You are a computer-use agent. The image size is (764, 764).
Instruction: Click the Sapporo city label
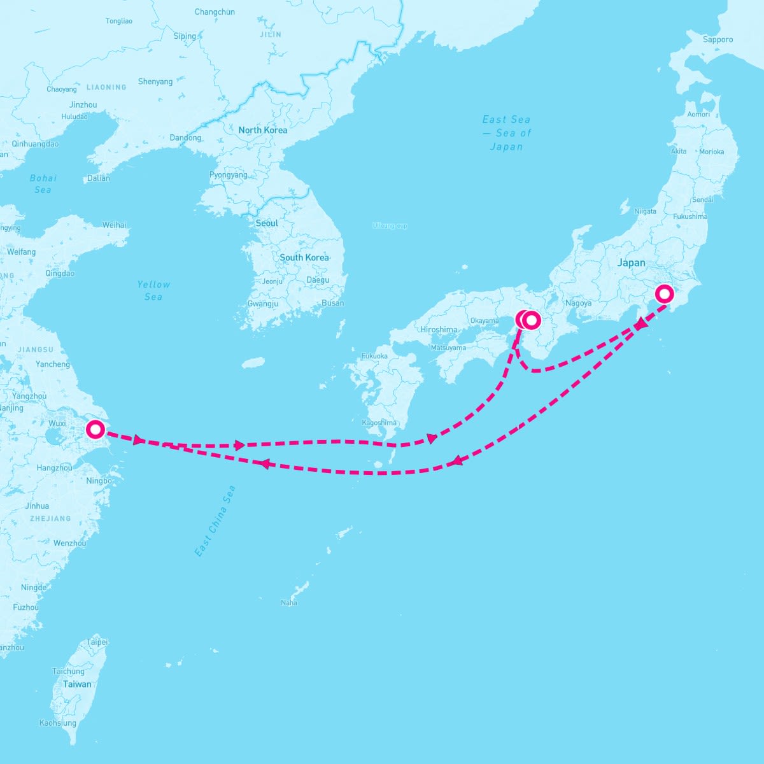[718, 39]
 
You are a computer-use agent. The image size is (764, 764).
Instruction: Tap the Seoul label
[267, 223]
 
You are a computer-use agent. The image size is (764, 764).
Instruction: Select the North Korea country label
[263, 130]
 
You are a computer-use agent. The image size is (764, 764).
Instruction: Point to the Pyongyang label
[228, 175]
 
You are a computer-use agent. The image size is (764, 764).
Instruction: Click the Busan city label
[333, 303]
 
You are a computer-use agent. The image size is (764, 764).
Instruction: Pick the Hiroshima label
[439, 330]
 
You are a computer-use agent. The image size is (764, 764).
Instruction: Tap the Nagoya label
[578, 303]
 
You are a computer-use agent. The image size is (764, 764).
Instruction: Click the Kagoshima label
[379, 423]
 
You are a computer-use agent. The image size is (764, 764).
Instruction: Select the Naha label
[289, 603]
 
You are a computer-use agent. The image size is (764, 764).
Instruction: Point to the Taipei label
[97, 642]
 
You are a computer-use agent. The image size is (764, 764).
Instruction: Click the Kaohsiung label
[58, 723]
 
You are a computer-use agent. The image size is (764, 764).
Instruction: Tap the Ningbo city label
[99, 481]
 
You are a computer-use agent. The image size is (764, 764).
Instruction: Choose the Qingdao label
[60, 274]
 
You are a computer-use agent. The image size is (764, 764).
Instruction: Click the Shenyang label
[155, 81]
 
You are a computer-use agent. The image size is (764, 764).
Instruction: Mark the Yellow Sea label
[153, 290]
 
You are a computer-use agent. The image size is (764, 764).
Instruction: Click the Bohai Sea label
[43, 184]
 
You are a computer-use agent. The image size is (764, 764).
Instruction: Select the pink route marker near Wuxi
[95, 430]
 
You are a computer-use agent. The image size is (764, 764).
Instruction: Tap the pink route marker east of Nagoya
[664, 294]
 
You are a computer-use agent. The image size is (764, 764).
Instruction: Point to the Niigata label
[645, 211]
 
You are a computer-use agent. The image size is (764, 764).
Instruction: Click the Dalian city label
[99, 178]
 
